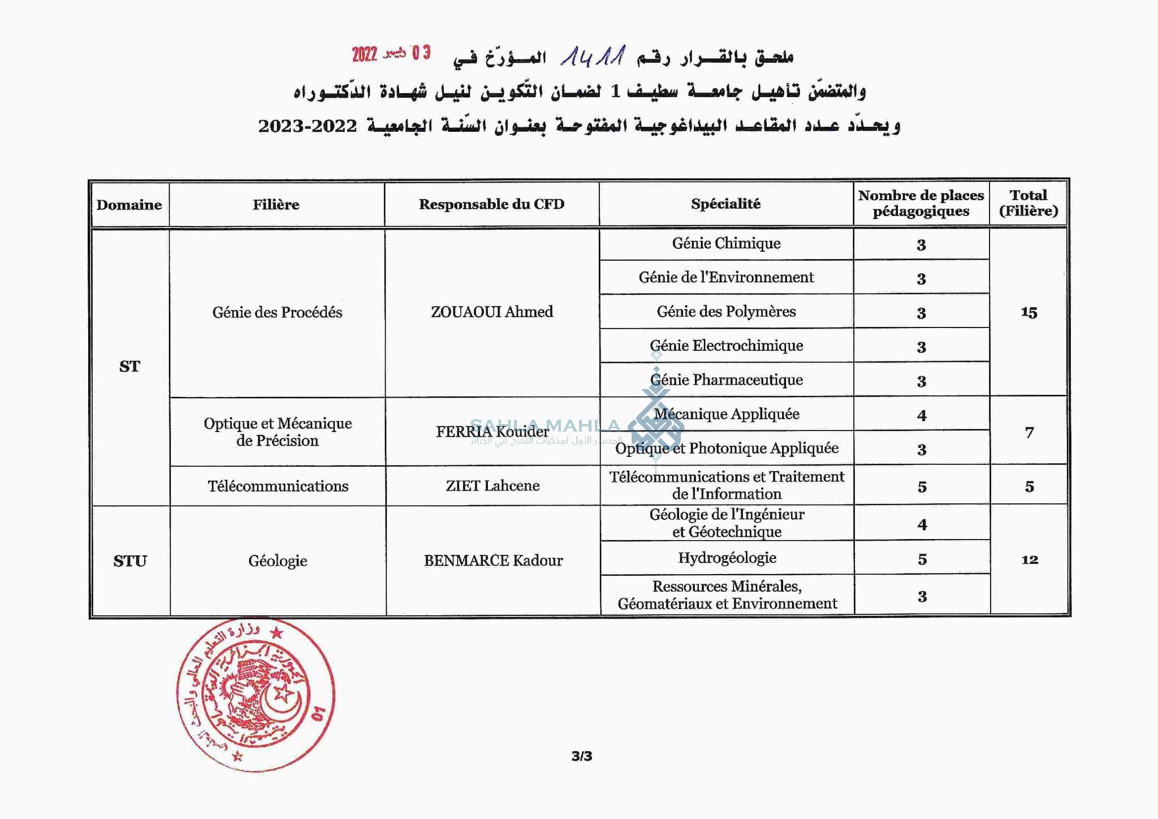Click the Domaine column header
(129, 205)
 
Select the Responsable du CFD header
(491, 204)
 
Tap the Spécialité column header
(725, 204)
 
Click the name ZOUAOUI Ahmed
(491, 312)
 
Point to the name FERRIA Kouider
(492, 432)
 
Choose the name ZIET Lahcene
(492, 485)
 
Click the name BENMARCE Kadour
(493, 561)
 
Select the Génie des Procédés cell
(277, 312)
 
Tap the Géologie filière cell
(278, 561)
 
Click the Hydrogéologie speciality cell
(727, 558)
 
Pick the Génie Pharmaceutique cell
(727, 380)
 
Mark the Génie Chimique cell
(726, 243)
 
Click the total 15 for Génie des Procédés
(1029, 312)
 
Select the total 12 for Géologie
(1029, 560)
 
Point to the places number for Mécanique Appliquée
(922, 416)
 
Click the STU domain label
(130, 561)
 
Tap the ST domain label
(129, 367)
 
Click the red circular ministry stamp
(256, 695)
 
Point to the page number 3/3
(581, 756)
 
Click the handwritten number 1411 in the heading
(593, 57)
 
